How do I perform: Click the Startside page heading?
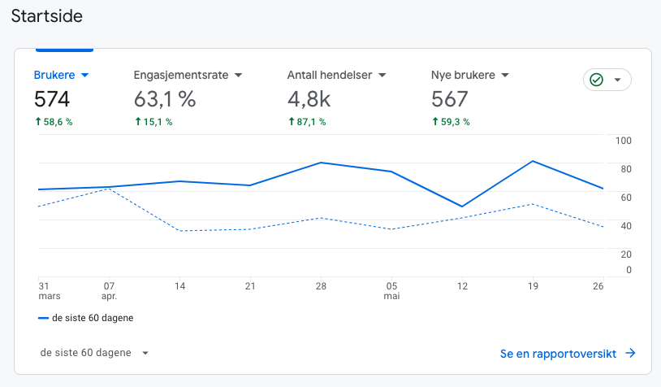(x=46, y=15)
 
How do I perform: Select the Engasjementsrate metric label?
(x=182, y=75)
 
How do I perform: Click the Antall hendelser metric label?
(x=330, y=75)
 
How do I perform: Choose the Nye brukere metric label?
(x=464, y=75)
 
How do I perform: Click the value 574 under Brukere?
(x=52, y=99)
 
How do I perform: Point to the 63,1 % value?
(x=165, y=99)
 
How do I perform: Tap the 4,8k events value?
(x=310, y=99)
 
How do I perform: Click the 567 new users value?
(x=450, y=99)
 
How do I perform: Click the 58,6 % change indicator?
(x=54, y=122)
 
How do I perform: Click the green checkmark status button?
(x=607, y=80)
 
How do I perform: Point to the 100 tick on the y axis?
(x=624, y=141)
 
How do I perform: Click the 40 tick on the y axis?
(x=626, y=225)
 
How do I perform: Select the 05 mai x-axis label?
(x=392, y=291)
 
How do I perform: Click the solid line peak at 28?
(x=322, y=163)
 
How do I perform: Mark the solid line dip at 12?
(x=462, y=207)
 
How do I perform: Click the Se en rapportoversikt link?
(x=567, y=354)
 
